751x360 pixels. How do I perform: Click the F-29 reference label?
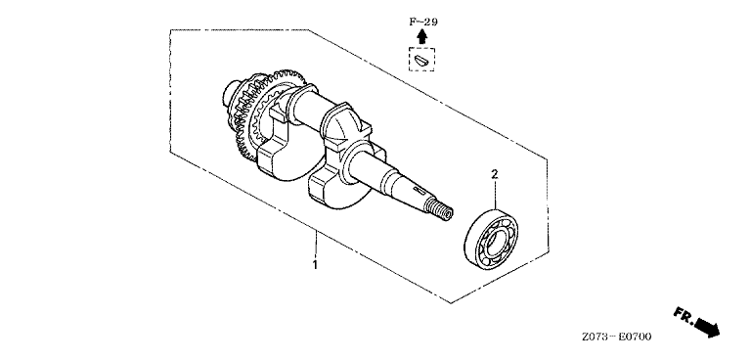(423, 22)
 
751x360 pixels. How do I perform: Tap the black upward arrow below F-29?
(421, 37)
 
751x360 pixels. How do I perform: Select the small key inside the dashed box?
(421, 60)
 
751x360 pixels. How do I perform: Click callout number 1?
(315, 264)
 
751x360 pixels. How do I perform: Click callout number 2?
(495, 174)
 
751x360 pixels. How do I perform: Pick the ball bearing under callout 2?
(491, 240)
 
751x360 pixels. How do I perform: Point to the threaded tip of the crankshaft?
(439, 209)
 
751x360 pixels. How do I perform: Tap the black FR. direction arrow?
(708, 327)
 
